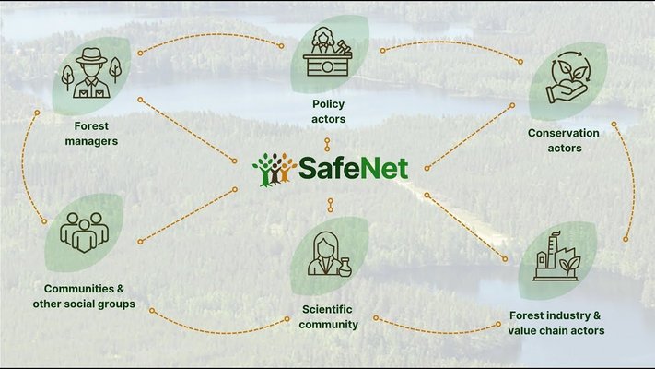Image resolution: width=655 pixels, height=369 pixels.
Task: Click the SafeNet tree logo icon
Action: (x=274, y=169)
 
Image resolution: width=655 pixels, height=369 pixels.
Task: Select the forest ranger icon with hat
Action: (x=89, y=72)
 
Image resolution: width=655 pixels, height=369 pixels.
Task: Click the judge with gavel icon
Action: (x=329, y=53)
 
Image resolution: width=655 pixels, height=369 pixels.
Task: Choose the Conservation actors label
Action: (x=563, y=140)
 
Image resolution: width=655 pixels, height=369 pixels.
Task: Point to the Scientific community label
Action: (x=329, y=316)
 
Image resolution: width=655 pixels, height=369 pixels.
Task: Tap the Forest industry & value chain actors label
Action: (x=556, y=323)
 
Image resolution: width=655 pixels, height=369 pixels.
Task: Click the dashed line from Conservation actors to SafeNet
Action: (x=470, y=136)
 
